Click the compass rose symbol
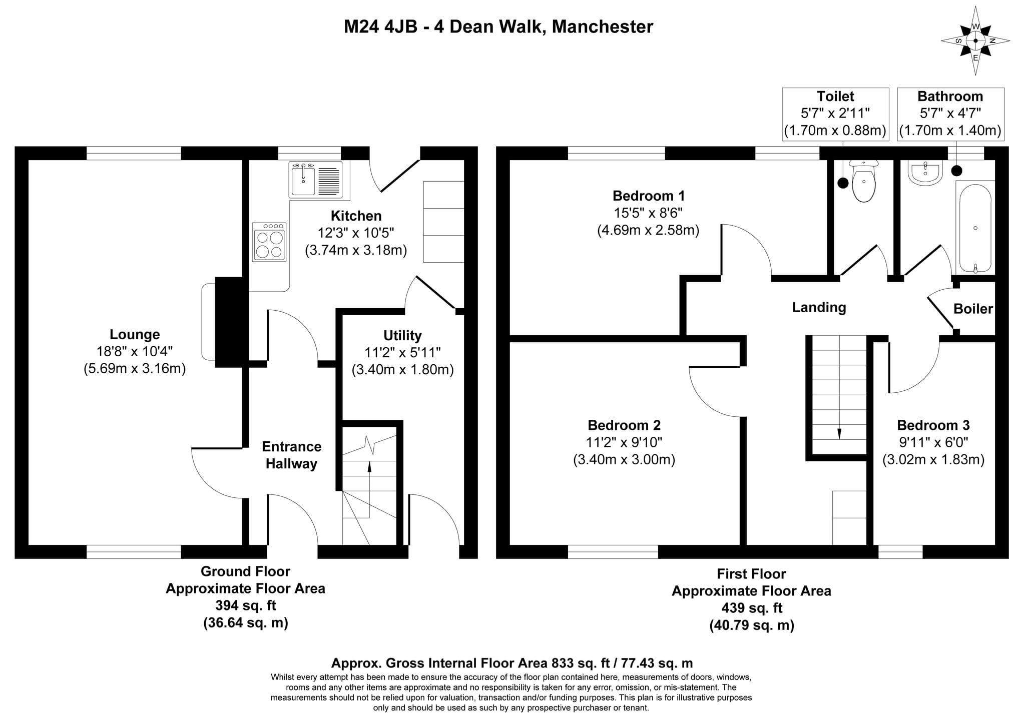(x=975, y=41)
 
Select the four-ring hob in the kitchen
(x=269, y=242)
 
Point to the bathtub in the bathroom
(x=975, y=228)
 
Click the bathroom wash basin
(x=925, y=173)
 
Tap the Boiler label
(x=973, y=309)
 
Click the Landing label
(x=819, y=307)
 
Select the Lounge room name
(x=135, y=334)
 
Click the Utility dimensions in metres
(x=402, y=370)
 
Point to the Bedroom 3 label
(x=933, y=425)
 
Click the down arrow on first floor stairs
(x=839, y=433)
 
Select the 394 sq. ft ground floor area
(x=245, y=605)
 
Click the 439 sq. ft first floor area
(x=751, y=608)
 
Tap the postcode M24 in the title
(x=361, y=27)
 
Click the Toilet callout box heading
(x=835, y=96)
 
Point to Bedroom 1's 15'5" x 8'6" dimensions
(x=648, y=213)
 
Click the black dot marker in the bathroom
(x=956, y=171)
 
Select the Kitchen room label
(x=356, y=216)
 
